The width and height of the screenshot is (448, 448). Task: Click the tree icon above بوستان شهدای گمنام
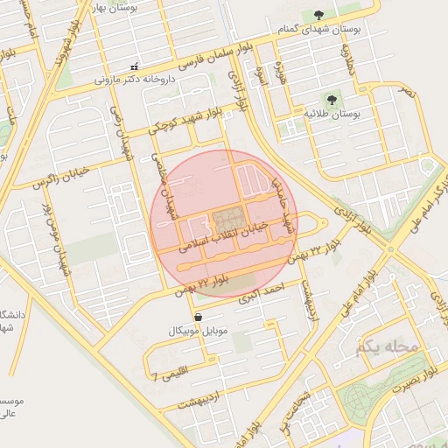(x=318, y=14)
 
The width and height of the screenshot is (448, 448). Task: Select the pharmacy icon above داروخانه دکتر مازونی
(x=134, y=66)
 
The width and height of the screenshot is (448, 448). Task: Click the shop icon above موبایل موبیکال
(x=198, y=317)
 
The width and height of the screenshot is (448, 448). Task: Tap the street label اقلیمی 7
(x=170, y=377)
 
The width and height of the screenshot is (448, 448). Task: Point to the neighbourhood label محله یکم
(x=388, y=347)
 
